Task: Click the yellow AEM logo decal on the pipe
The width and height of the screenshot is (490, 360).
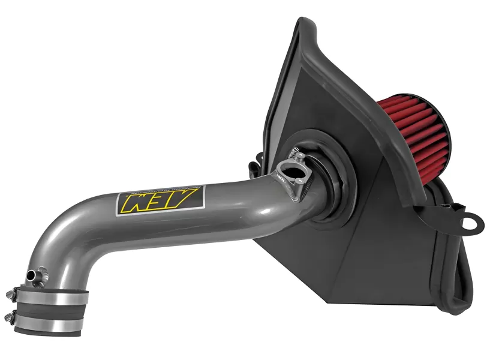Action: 160,200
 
